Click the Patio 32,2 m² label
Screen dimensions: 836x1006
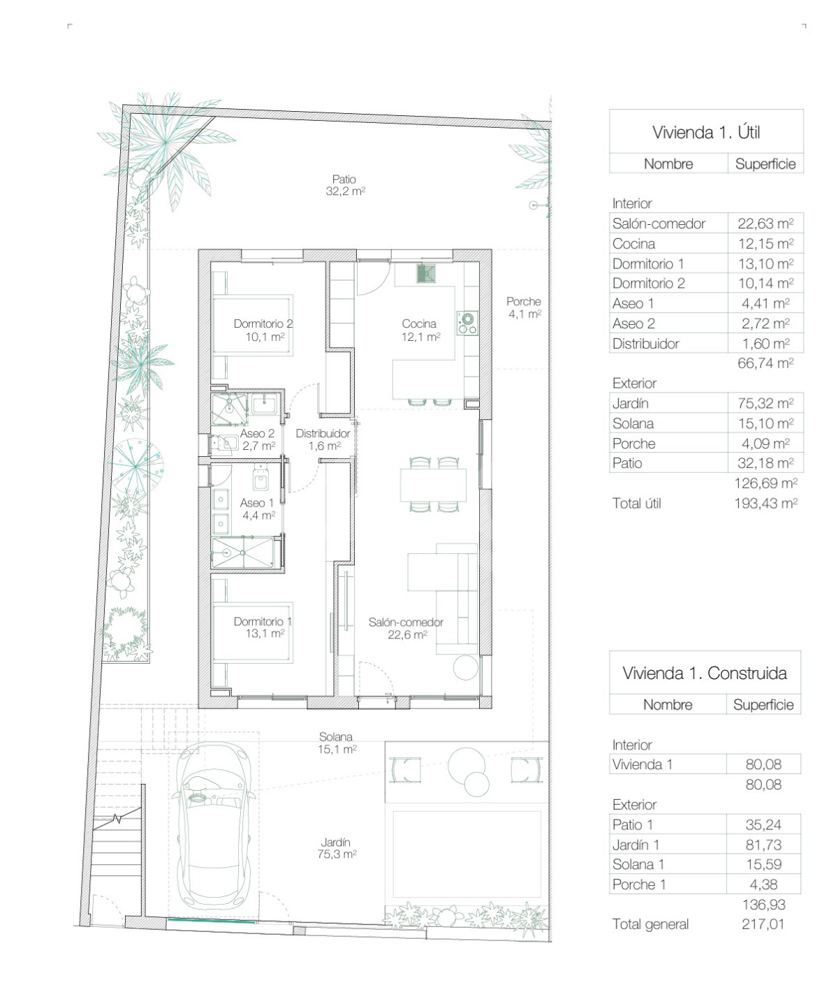pos(345,186)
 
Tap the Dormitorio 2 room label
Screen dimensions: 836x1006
pos(263,330)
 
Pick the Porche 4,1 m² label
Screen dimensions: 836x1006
pos(524,307)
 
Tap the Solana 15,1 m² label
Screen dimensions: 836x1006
pos(336,743)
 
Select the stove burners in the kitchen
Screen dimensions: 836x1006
pos(467,323)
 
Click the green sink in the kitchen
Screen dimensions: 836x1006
pos(427,272)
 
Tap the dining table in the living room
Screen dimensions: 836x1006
pos(433,485)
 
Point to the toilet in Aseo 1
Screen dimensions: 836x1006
pos(261,477)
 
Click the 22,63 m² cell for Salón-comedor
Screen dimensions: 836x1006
pos(765,224)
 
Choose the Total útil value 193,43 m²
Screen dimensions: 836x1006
pos(765,504)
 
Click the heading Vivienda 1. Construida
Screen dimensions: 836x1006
pos(705,673)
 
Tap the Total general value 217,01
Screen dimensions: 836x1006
pos(763,924)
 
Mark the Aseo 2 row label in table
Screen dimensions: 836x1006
pos(633,323)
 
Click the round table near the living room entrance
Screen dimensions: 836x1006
pos(465,667)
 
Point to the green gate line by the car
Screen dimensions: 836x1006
pos(212,921)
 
